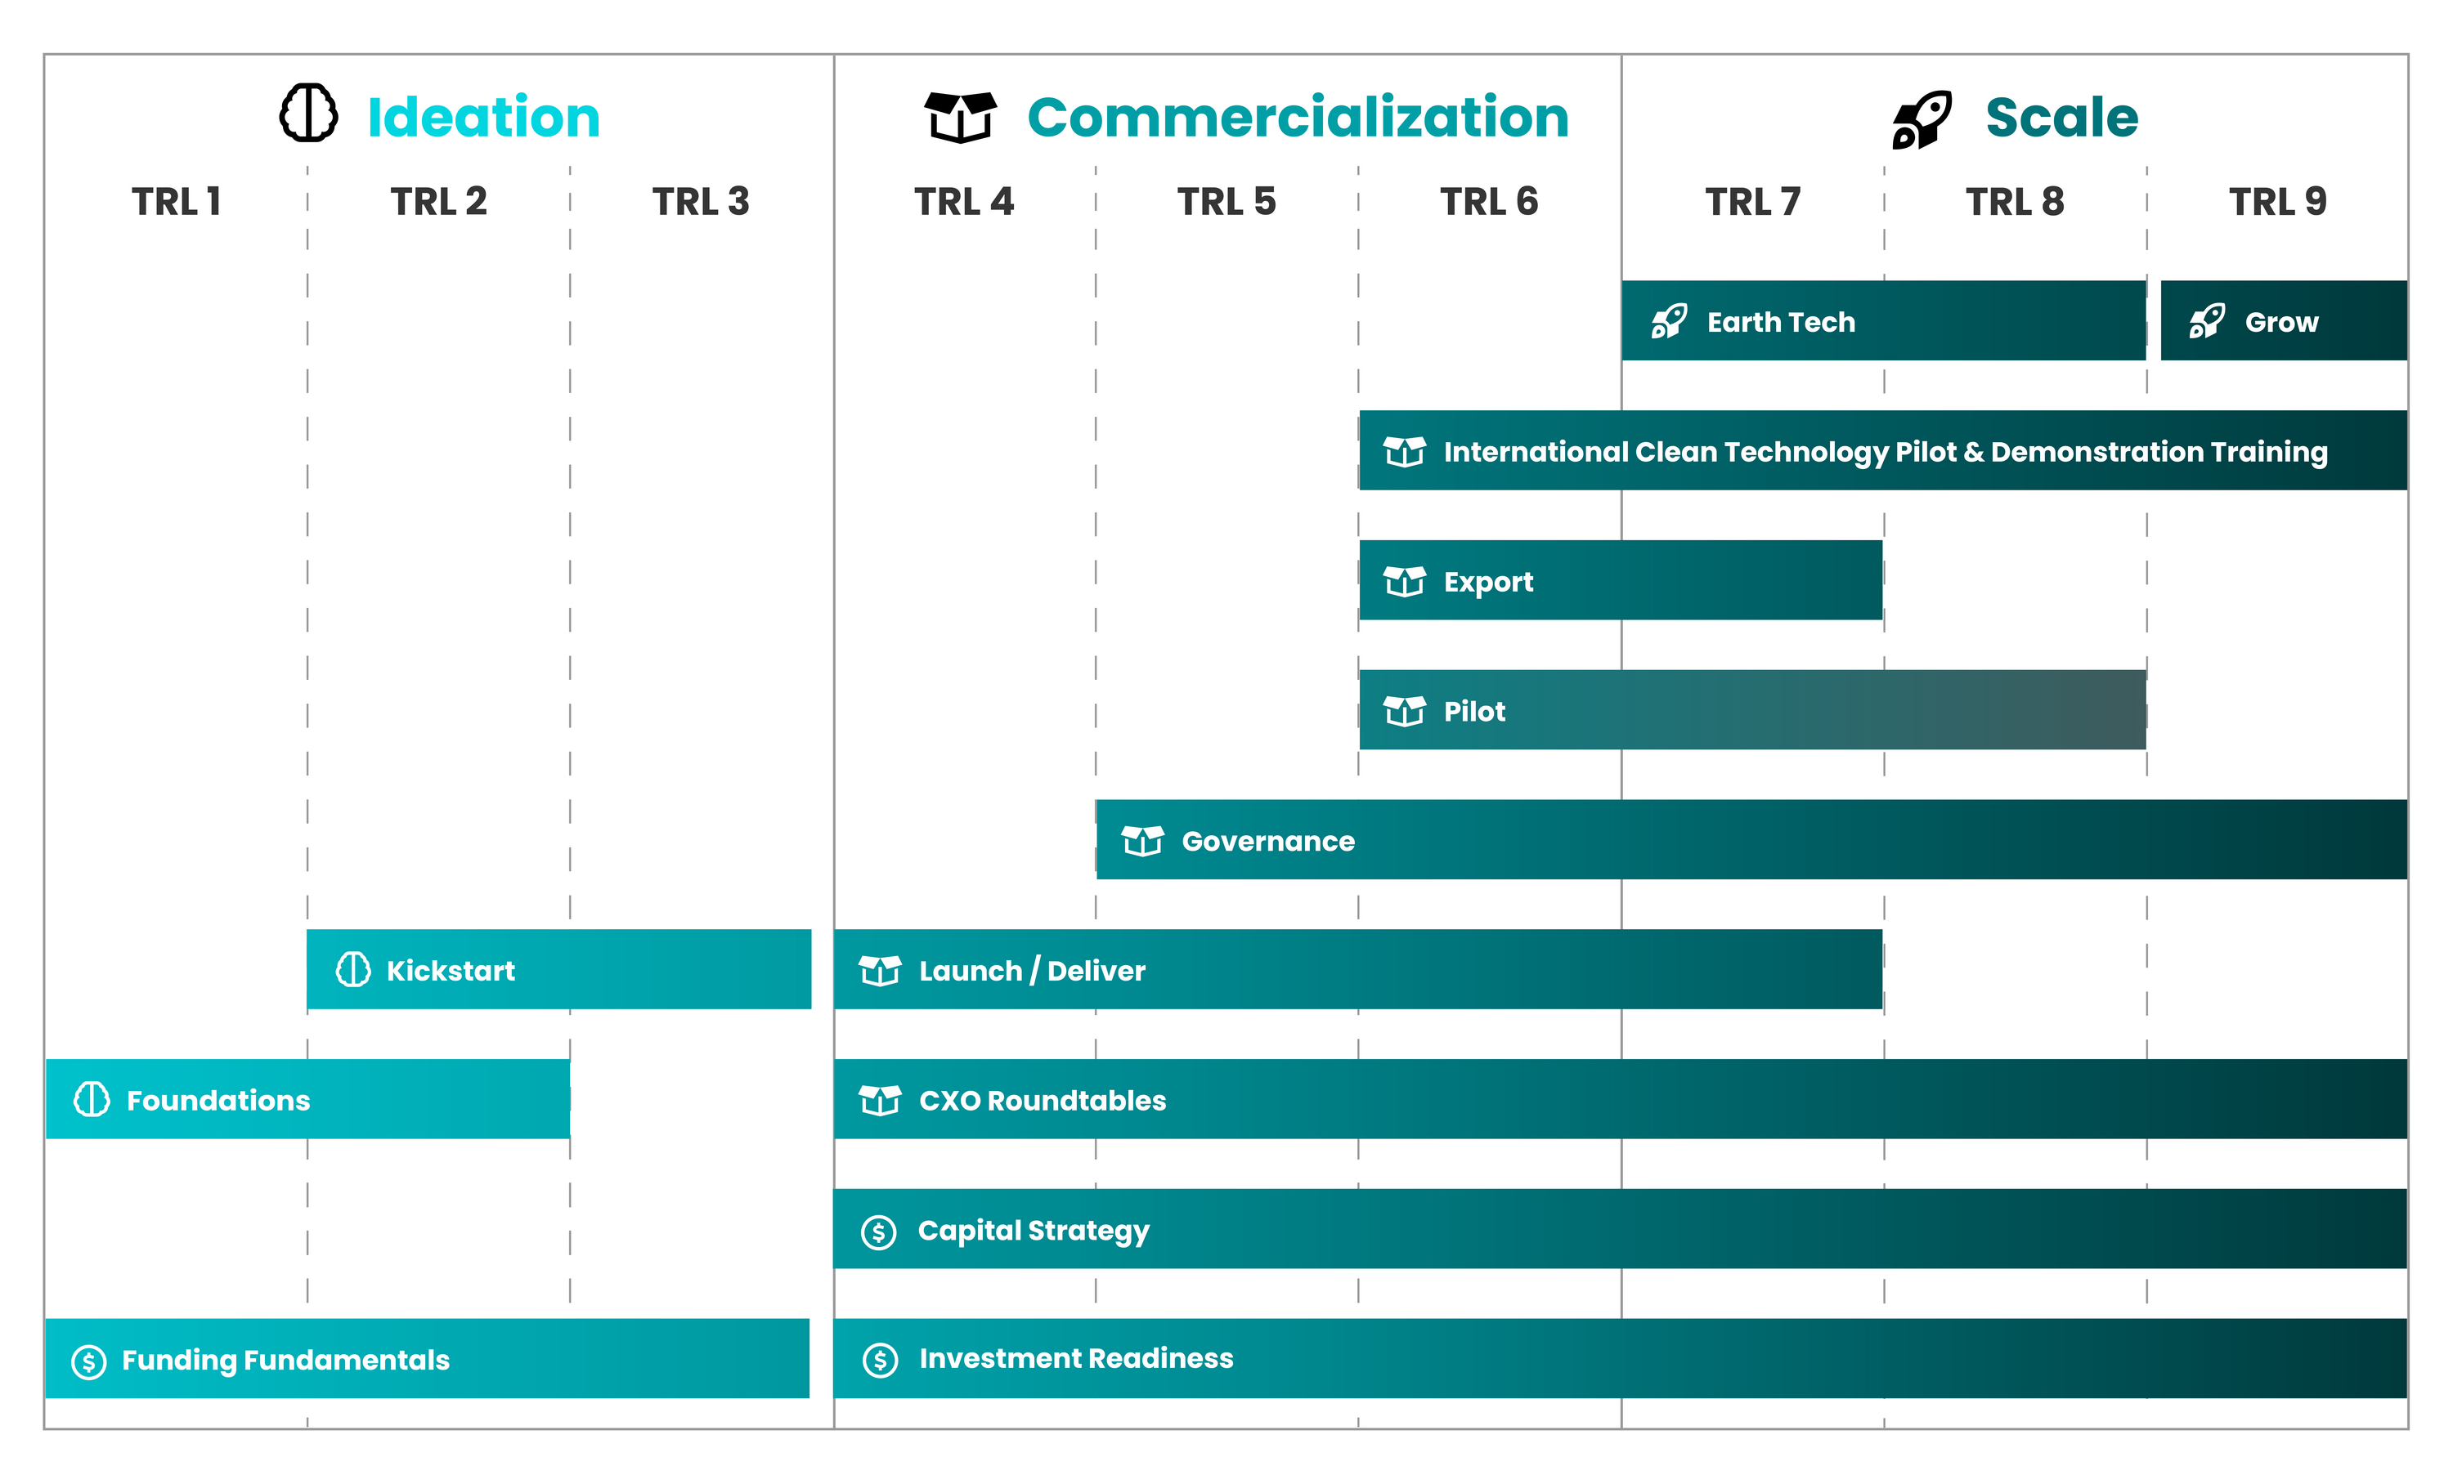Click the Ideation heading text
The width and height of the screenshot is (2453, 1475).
[483, 118]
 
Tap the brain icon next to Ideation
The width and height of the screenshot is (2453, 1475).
[308, 114]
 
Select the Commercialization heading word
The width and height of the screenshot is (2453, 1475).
[1298, 118]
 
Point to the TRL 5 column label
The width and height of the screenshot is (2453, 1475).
[1226, 202]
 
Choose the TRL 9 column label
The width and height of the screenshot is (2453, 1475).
[2277, 202]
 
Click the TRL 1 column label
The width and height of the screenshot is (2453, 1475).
[176, 202]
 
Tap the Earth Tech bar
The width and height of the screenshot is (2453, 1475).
[1883, 320]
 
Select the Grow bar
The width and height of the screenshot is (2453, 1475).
[2284, 320]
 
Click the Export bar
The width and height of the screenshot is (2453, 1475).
[1621, 580]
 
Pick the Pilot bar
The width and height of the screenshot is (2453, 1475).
[1752, 709]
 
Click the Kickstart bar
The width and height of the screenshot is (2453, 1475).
[558, 969]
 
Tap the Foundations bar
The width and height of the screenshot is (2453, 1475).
[307, 1098]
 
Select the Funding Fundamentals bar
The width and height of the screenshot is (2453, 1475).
[428, 1359]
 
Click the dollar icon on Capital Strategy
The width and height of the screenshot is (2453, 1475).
[879, 1232]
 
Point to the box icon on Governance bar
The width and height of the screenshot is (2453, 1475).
[1142, 841]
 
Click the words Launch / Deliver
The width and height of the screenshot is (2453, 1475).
[1032, 971]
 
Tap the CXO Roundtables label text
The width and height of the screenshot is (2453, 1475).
[1042, 1100]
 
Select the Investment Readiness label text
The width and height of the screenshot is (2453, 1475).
[1076, 1359]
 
